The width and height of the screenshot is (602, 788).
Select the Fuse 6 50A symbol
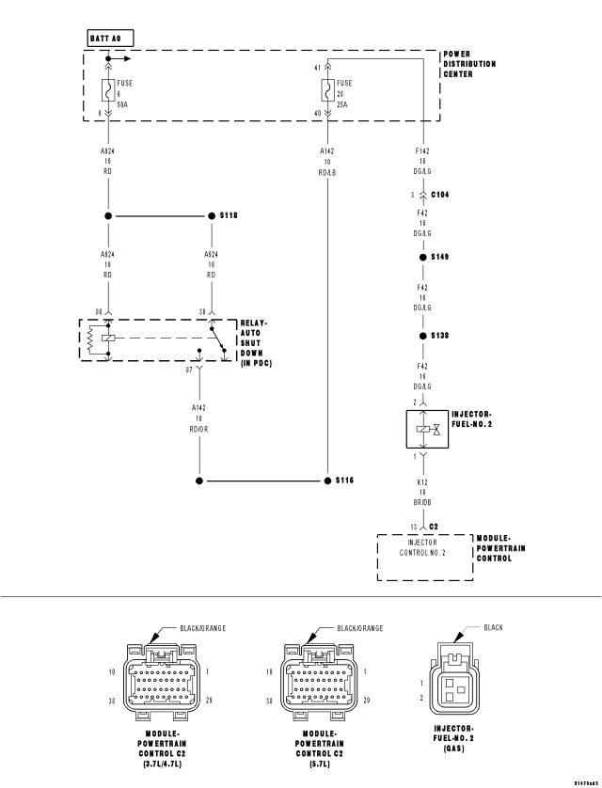[108, 90]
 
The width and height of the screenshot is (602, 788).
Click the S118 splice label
[229, 216]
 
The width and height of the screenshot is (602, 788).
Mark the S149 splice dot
[423, 257]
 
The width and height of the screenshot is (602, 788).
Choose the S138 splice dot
[423, 336]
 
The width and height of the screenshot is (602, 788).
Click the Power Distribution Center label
[469, 64]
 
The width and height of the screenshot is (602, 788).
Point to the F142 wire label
[423, 150]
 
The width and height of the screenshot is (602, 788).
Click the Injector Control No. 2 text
[423, 547]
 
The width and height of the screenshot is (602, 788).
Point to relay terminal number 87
[190, 370]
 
